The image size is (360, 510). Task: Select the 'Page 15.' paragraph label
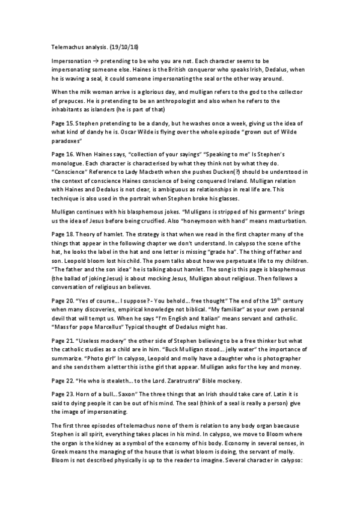tap(61, 119)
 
